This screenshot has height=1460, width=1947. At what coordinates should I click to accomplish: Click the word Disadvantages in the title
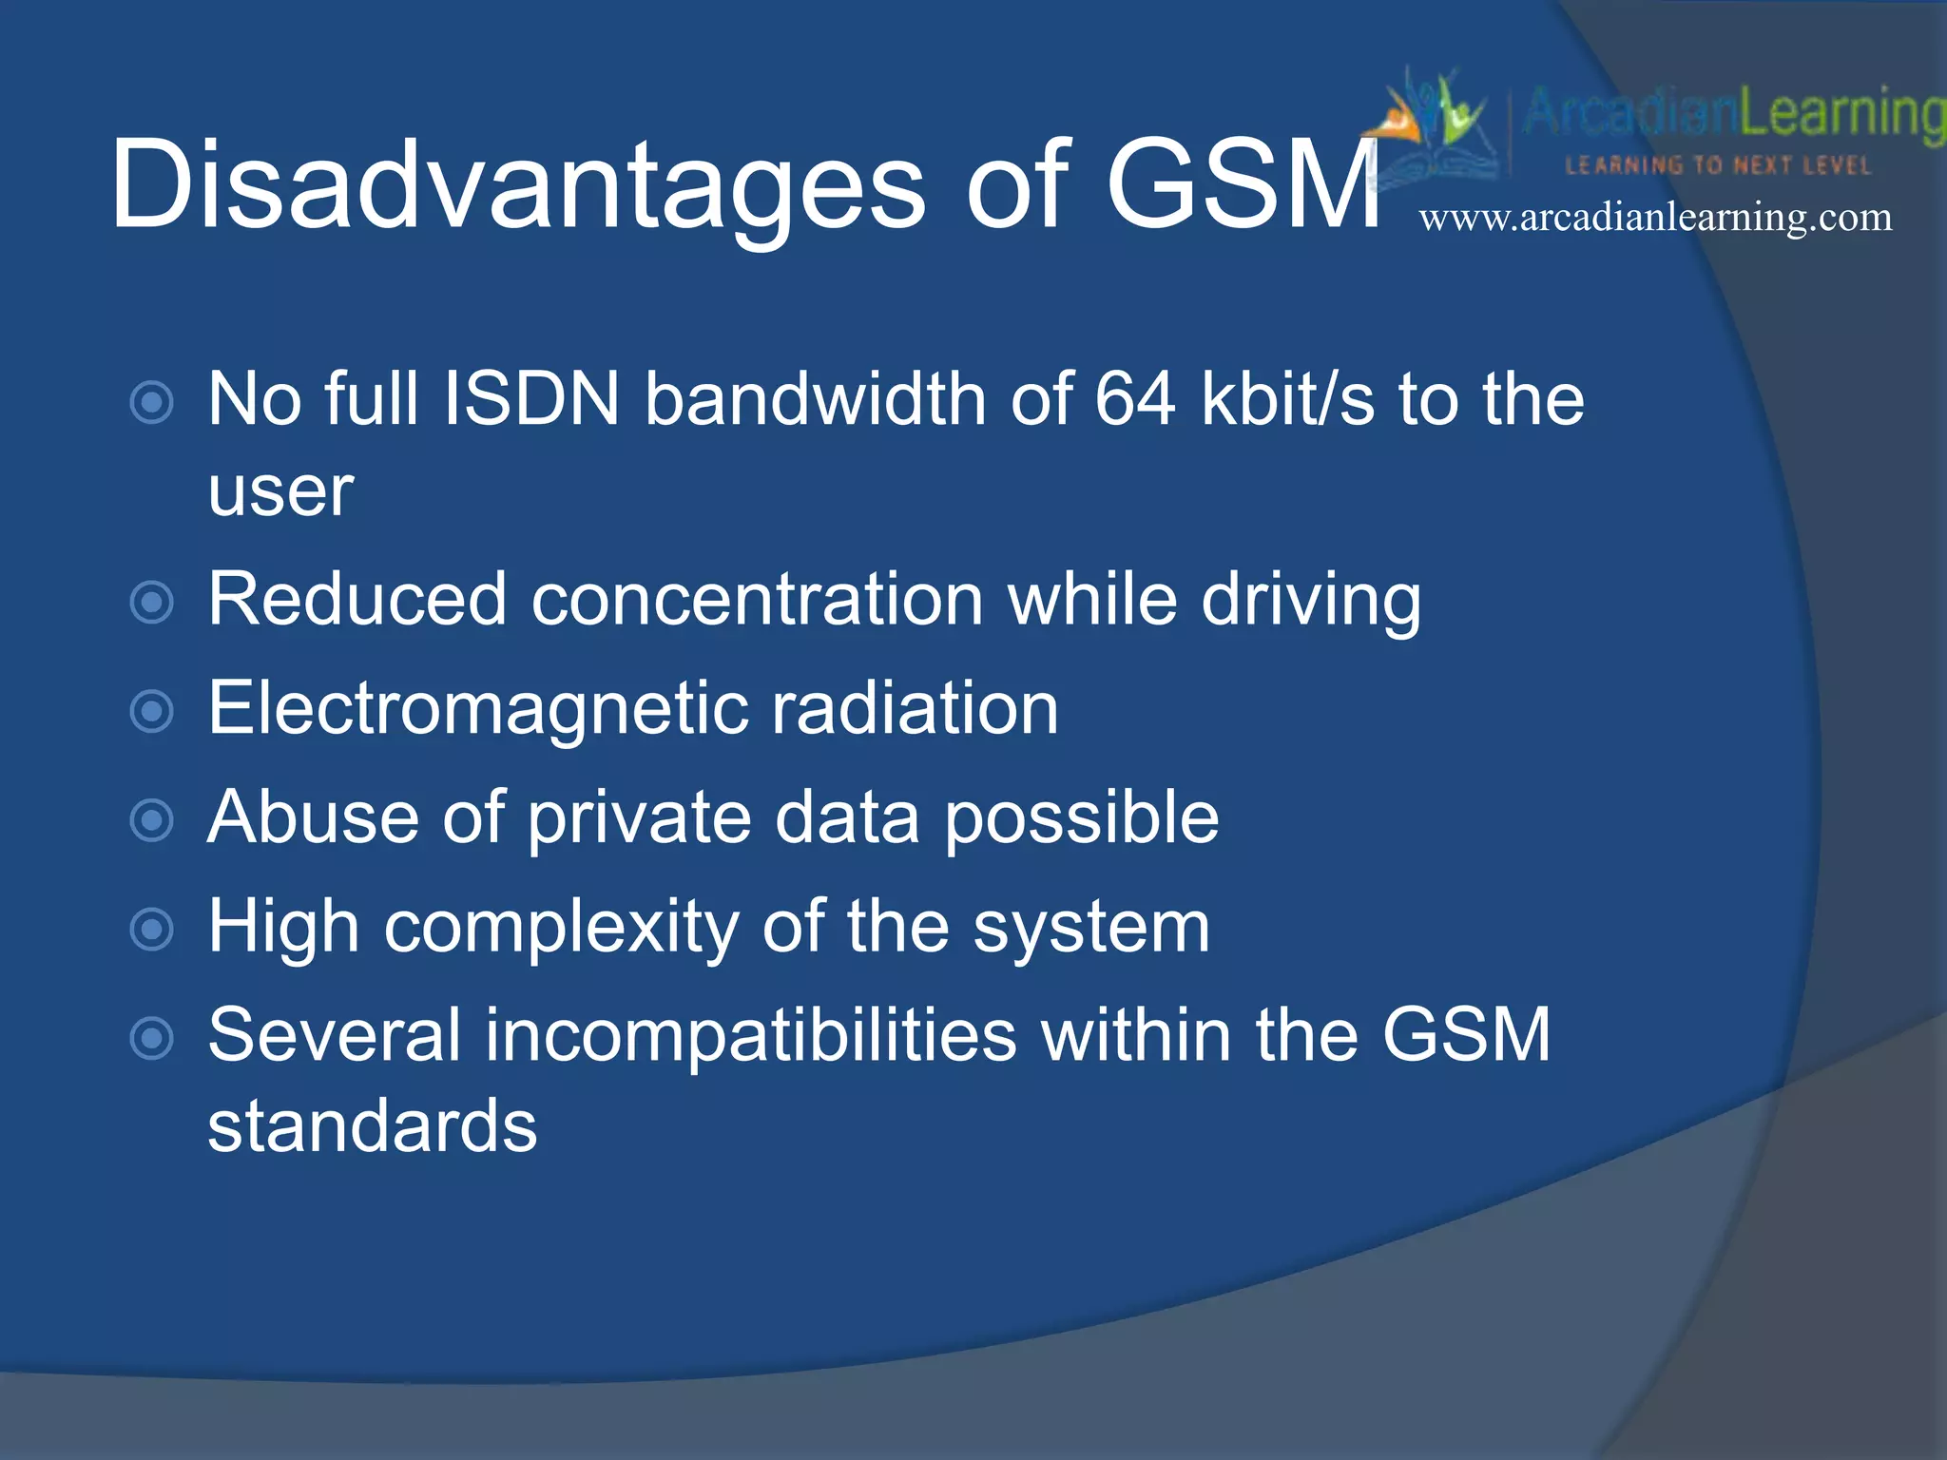(x=518, y=185)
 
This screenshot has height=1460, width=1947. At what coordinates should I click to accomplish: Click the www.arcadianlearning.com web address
(x=1655, y=218)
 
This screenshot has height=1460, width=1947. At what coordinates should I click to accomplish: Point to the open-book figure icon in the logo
(x=1431, y=124)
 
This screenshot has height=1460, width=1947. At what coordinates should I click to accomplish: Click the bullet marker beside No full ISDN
(x=151, y=402)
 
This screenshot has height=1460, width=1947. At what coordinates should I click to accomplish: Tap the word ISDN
(x=531, y=398)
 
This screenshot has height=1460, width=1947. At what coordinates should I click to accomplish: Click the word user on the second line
(x=280, y=494)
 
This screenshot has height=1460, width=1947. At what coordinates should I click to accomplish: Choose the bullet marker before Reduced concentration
(x=151, y=603)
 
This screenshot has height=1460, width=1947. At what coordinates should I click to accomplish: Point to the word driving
(x=1311, y=602)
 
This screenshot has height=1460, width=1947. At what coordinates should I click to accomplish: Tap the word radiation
(x=915, y=709)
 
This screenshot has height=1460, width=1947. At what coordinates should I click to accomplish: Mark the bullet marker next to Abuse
(x=151, y=820)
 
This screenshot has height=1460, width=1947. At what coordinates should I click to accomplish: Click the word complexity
(x=561, y=929)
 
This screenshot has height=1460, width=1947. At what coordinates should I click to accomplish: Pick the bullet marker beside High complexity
(x=151, y=929)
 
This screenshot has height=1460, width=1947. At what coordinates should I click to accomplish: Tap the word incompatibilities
(x=750, y=1035)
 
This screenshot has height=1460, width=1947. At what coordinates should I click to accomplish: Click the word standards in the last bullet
(x=373, y=1126)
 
